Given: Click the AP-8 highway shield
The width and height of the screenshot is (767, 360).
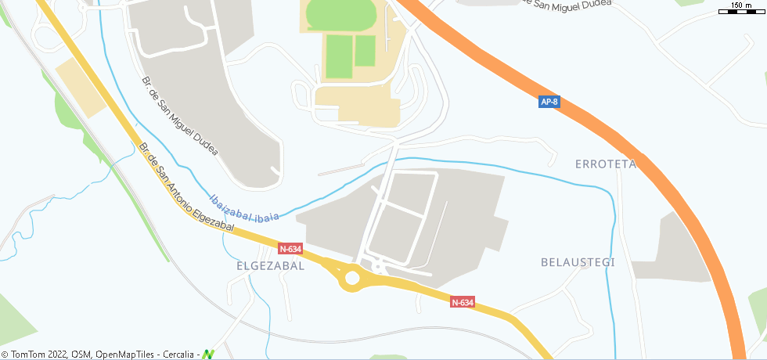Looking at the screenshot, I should click(549, 102).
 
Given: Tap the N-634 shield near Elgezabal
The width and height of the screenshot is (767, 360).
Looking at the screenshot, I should click(290, 249).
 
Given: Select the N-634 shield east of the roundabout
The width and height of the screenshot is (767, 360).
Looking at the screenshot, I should click(463, 302).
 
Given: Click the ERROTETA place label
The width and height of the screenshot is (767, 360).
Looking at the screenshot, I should click(605, 164).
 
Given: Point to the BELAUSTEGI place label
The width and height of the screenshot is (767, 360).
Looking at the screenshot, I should click(578, 262).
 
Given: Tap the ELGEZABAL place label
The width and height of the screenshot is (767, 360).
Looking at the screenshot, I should click(270, 266).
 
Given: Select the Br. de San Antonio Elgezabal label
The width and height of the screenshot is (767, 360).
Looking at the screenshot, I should click(186, 186).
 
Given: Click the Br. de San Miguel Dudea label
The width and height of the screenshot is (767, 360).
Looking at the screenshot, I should click(179, 115).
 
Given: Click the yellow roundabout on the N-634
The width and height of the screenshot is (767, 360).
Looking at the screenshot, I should click(351, 278).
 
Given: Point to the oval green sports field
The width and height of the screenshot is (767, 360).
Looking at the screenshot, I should click(340, 13).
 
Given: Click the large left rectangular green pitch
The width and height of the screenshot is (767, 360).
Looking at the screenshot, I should click(339, 56).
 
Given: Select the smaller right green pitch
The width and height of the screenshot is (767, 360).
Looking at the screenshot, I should click(365, 51).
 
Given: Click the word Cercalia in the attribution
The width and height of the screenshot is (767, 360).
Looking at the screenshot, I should click(178, 355).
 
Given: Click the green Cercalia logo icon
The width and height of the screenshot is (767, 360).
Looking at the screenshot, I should click(207, 354).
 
